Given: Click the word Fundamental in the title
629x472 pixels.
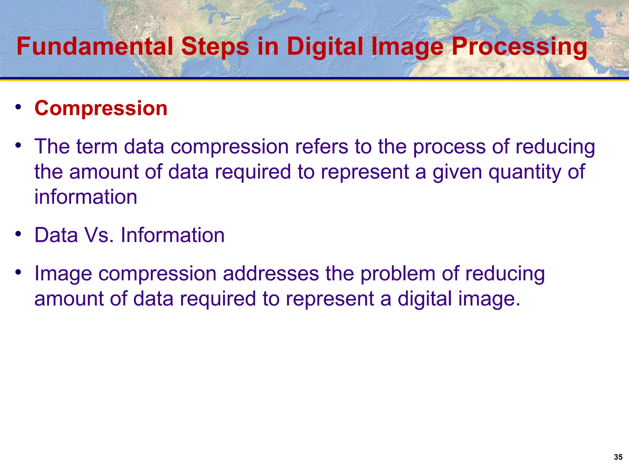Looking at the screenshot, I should (x=95, y=46).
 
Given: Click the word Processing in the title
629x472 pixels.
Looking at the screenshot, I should (x=519, y=46).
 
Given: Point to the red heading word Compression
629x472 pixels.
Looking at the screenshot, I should (x=101, y=108).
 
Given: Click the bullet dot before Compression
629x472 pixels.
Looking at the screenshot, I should (x=18, y=107).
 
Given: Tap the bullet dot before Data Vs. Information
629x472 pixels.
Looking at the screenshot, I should (x=18, y=234).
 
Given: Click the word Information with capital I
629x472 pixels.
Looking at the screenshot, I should (x=173, y=235).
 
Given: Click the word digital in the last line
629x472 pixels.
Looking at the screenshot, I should (x=425, y=299).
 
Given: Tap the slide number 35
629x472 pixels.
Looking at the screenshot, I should (x=618, y=457).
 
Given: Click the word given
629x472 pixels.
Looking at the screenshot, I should (x=458, y=172).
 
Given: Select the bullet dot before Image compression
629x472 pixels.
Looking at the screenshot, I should (x=18, y=272).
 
